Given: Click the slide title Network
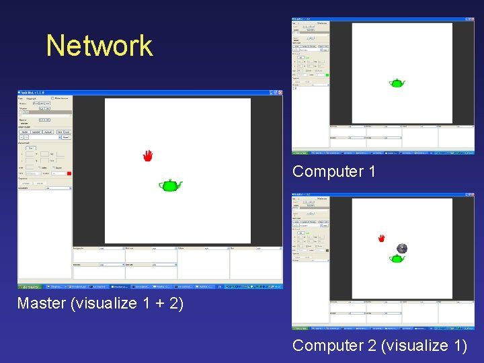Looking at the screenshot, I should (99, 46).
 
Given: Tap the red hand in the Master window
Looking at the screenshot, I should (148, 156).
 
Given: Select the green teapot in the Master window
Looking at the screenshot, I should (169, 186).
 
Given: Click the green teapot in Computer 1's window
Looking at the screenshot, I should (397, 83).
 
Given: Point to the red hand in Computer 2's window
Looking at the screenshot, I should (381, 238).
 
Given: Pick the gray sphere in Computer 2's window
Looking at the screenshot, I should (401, 248).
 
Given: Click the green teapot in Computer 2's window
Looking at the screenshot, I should (397, 258).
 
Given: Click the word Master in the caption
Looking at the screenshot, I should (41, 303).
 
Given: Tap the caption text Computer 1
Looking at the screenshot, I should (334, 171).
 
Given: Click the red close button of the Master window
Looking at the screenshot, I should (280, 93).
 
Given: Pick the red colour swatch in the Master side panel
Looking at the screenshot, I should (69, 173).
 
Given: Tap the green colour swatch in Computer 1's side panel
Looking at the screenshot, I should (327, 75).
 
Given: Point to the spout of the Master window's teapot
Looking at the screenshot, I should (180, 184).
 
